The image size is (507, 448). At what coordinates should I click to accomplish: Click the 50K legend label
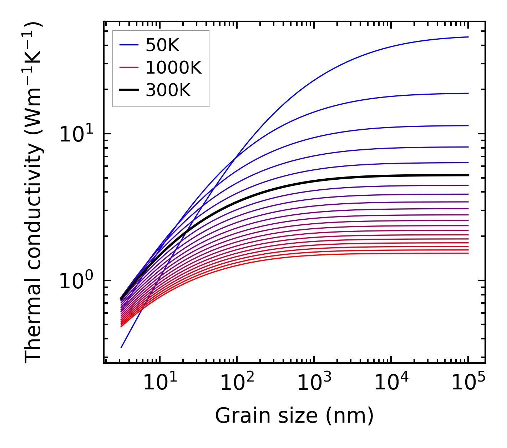[x=162, y=45]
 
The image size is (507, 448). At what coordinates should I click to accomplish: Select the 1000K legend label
[x=173, y=68]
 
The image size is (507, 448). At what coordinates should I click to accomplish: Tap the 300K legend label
[x=168, y=90]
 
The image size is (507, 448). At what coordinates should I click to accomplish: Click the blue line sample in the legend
[x=129, y=45]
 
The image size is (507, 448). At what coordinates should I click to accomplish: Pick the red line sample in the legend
[x=129, y=68]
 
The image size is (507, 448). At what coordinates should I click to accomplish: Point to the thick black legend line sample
[x=129, y=90]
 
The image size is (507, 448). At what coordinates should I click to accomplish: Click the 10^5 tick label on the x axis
[x=468, y=383]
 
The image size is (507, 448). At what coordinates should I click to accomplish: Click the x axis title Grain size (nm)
[x=294, y=416]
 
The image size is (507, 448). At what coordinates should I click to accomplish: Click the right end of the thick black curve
[x=468, y=175]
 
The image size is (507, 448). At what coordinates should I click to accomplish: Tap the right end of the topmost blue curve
[x=468, y=37]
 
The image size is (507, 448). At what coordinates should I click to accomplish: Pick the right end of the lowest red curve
[x=468, y=253]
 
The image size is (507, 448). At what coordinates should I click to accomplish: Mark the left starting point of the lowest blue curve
[x=121, y=347]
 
